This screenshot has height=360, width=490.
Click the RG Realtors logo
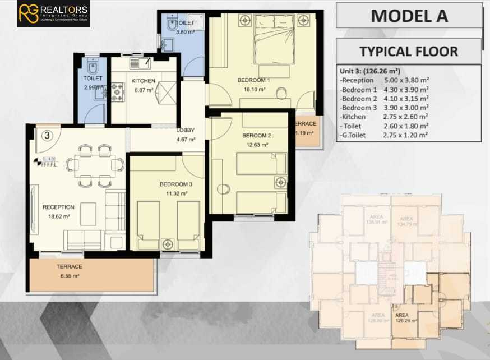pos(53,14)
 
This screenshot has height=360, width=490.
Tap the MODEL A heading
pos(409,16)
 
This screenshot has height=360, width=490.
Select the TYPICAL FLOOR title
pos(408,52)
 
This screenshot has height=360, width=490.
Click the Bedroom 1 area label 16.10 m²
pos(253,89)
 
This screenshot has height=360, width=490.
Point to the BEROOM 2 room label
pos(256,136)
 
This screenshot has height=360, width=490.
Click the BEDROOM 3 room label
pos(175,184)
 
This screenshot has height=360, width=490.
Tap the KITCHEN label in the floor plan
pos(143,81)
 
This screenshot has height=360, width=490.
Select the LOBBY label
pos(185,131)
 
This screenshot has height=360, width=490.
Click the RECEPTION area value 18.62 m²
pos(58,216)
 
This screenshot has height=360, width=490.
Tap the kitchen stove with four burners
pos(118,91)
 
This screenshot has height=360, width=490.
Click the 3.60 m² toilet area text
pos(185,32)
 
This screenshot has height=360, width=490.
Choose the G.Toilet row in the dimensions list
pos(384,135)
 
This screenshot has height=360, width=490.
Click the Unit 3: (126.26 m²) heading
pos(369,71)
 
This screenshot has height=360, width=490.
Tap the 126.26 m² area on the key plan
pos(406,320)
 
